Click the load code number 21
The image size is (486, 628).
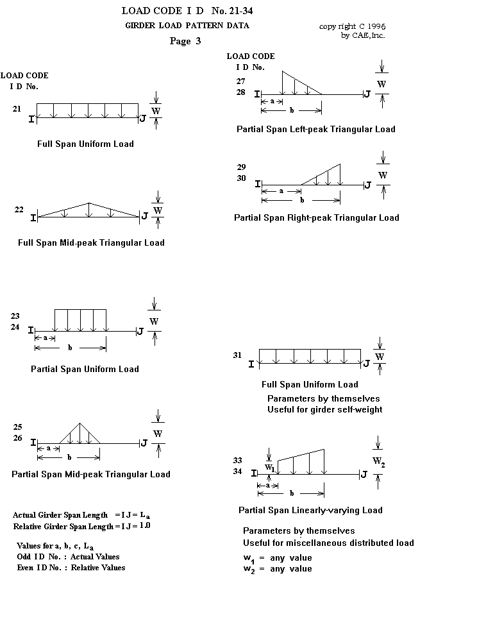17,109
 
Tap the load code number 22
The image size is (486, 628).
19,210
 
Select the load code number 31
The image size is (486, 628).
237,355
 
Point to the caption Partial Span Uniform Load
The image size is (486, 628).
85,369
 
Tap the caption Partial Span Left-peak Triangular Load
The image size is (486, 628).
315,129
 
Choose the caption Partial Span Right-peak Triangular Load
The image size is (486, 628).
316,217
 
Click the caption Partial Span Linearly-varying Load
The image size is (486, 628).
310,511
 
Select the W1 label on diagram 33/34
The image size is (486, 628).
269,468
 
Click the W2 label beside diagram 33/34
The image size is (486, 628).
379,462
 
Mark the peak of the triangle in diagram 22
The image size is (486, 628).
89,203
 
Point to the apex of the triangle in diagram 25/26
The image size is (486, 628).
80,423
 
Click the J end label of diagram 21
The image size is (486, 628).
142,118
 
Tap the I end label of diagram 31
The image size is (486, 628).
251,364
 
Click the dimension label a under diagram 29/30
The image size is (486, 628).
281,191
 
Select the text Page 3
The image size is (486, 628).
185,42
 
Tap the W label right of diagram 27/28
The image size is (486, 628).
381,84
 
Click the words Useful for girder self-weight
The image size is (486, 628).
324,409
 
